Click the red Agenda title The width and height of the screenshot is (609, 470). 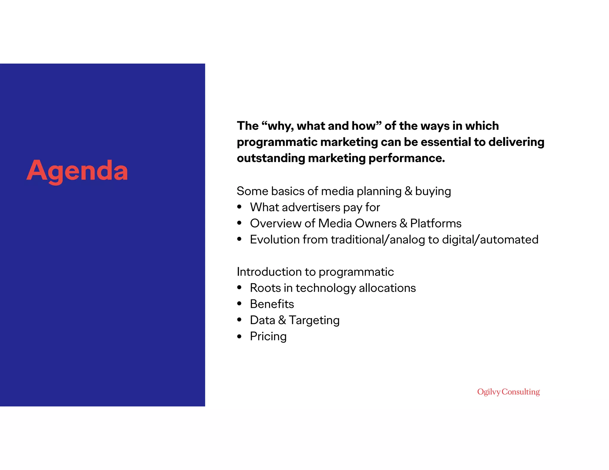coord(77,171)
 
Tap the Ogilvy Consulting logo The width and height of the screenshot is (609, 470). coord(508,392)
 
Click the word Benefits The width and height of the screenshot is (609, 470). coord(272,304)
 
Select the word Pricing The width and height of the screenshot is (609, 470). coord(268,337)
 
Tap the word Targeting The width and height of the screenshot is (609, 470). coord(314,321)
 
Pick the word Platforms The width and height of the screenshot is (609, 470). coord(436,224)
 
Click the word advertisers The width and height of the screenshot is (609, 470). coord(311,207)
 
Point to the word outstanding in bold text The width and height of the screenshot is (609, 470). coord(271,158)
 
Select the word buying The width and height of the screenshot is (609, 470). coord(433,191)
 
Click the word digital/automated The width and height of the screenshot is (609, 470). coord(490,240)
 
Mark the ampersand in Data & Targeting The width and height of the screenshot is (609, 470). coord(282,320)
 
